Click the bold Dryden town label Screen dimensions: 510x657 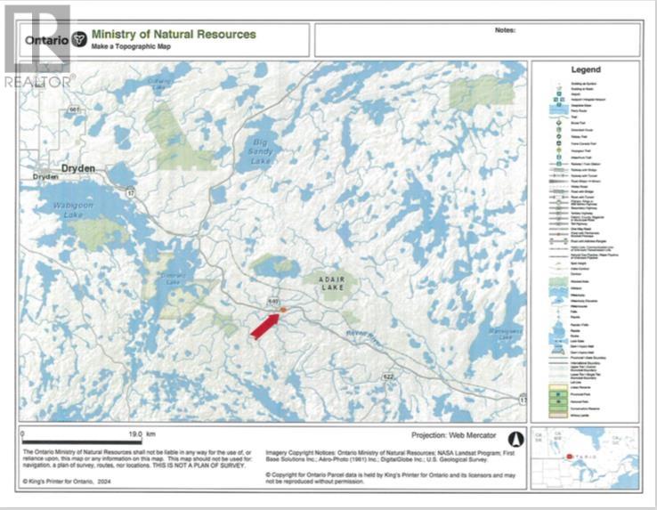(77, 166)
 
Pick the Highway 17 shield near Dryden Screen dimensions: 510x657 (130, 192)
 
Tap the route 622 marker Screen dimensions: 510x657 (388, 377)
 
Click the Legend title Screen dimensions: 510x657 (585, 69)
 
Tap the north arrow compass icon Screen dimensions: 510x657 (513, 438)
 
